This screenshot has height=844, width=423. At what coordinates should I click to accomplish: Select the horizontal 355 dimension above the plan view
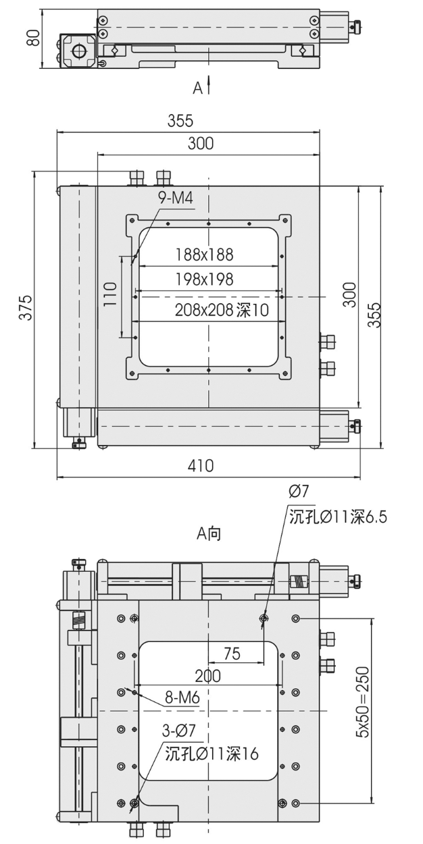pos(180,122)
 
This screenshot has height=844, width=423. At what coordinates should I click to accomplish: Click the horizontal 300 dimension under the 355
pos(200,143)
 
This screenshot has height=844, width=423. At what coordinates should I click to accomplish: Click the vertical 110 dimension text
pos(111,295)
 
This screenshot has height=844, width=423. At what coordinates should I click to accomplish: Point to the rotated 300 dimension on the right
pos(349,295)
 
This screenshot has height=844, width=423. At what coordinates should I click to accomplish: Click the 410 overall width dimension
pos(200,466)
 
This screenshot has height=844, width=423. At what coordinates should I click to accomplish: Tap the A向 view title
pos(209,534)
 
